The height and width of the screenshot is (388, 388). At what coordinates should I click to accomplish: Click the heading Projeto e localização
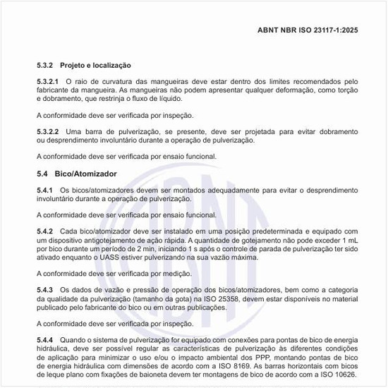click(x=95, y=65)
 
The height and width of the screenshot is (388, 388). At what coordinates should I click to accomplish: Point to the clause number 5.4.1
click(x=44, y=190)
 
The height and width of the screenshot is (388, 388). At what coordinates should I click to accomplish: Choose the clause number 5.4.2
click(x=44, y=231)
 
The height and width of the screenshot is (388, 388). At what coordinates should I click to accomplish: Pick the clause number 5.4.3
click(x=44, y=290)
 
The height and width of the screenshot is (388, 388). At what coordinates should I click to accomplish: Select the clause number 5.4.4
click(x=44, y=340)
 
